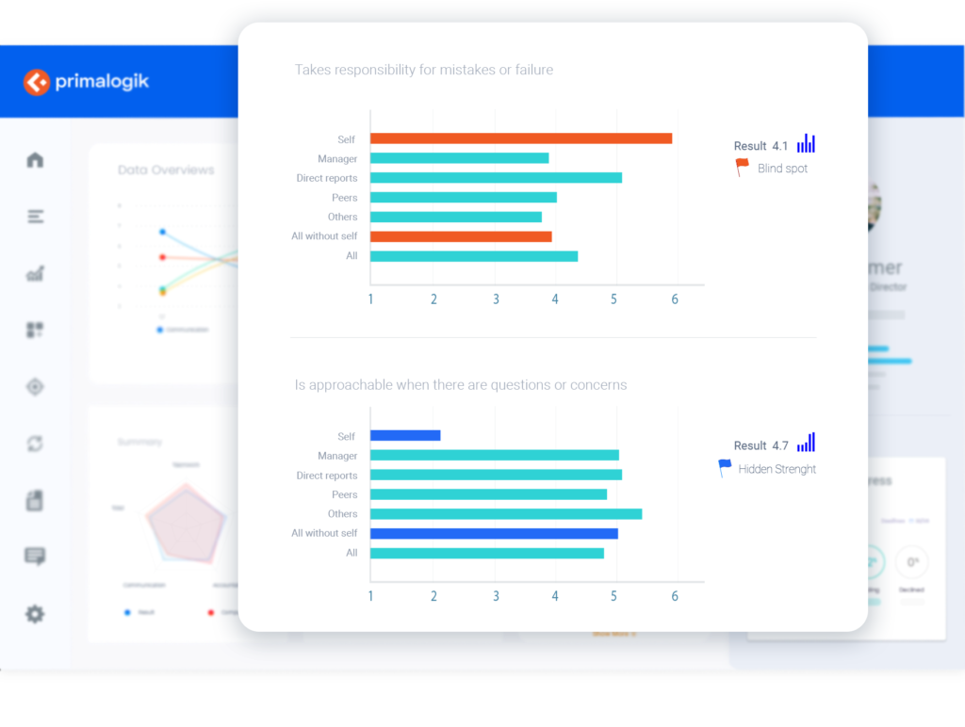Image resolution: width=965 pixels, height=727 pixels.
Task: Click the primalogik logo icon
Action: coord(37,82)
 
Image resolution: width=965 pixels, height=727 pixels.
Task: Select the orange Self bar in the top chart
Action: coord(520,138)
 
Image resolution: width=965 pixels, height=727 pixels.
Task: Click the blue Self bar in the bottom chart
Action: coord(405,435)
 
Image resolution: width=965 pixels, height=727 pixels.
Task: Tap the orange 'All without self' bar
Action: coord(461,236)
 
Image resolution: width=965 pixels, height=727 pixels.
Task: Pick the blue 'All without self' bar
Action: coord(494,533)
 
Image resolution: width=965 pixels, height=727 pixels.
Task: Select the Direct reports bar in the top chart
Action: coord(496,177)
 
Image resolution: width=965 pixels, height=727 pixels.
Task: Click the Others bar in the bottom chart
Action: coord(506,514)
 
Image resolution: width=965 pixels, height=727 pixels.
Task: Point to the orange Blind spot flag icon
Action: coord(743,168)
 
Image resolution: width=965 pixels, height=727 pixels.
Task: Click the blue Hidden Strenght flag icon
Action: coord(725,467)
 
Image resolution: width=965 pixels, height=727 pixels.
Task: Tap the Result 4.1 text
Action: coord(761,146)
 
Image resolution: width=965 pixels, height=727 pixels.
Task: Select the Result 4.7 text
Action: coord(761,445)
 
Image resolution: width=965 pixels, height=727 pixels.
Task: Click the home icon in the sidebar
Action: coord(35,160)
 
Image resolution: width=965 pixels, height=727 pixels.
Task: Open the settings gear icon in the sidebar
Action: coord(35,614)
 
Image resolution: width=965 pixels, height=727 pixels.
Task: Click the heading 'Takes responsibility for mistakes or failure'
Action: coord(424,70)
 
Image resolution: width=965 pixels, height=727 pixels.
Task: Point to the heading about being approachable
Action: coord(461,384)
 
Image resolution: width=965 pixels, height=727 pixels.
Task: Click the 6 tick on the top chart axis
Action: coord(675,299)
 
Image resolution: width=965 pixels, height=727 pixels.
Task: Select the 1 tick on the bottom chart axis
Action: coord(370,596)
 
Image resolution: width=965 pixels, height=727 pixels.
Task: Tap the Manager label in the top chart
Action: coord(337,159)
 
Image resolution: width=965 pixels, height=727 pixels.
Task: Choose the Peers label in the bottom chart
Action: coord(344,494)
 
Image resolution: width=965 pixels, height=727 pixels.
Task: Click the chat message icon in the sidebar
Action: coord(35,557)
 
